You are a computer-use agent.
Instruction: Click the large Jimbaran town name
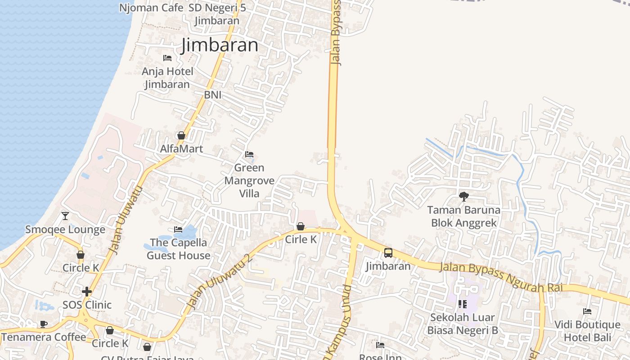point(220,45)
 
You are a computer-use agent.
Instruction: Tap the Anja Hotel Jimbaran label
point(167,78)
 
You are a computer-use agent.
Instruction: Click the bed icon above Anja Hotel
point(167,58)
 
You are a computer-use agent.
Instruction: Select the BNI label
point(213,95)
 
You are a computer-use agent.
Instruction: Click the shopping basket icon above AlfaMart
point(181,135)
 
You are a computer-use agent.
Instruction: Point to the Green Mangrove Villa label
point(249,180)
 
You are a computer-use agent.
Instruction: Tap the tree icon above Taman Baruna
point(463,197)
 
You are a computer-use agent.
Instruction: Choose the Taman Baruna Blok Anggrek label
point(463,216)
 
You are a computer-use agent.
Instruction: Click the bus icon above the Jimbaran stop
point(388,253)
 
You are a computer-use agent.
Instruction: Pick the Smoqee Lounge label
point(65,229)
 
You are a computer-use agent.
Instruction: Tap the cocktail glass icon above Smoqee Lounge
point(65,216)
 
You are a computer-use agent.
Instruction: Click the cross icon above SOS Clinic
point(87,292)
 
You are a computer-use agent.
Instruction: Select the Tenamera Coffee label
point(44,337)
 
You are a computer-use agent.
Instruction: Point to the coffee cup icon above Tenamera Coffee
point(44,324)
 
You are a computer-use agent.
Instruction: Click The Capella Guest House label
point(179,249)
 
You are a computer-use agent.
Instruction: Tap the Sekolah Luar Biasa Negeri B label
point(463,324)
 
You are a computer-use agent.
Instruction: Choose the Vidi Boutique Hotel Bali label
point(587,331)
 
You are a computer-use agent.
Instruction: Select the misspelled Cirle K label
point(301,239)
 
